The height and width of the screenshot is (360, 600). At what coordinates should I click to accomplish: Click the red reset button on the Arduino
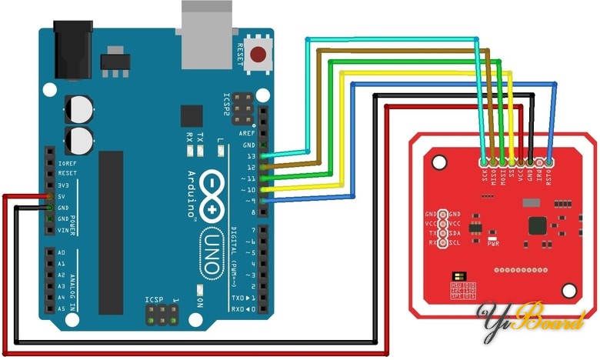pyautogui.click(x=259, y=55)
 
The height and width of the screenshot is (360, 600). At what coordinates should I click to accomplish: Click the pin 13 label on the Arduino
pyautogui.click(x=248, y=156)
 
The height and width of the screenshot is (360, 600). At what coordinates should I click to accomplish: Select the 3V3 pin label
pyautogui.click(x=65, y=185)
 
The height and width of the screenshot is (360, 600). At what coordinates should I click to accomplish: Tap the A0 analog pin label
pyautogui.click(x=62, y=252)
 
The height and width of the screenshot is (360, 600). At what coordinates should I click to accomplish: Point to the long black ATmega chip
pyautogui.click(x=112, y=208)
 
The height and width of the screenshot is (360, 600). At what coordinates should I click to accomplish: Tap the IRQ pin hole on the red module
pyautogui.click(x=541, y=162)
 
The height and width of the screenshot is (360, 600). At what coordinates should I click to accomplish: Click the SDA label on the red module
pyautogui.click(x=455, y=233)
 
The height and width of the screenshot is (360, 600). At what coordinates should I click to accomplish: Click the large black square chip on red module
pyautogui.click(x=536, y=225)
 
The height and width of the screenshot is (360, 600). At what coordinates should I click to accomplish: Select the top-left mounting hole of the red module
pyautogui.click(x=438, y=162)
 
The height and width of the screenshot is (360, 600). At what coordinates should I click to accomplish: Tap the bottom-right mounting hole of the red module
pyautogui.click(x=569, y=291)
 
